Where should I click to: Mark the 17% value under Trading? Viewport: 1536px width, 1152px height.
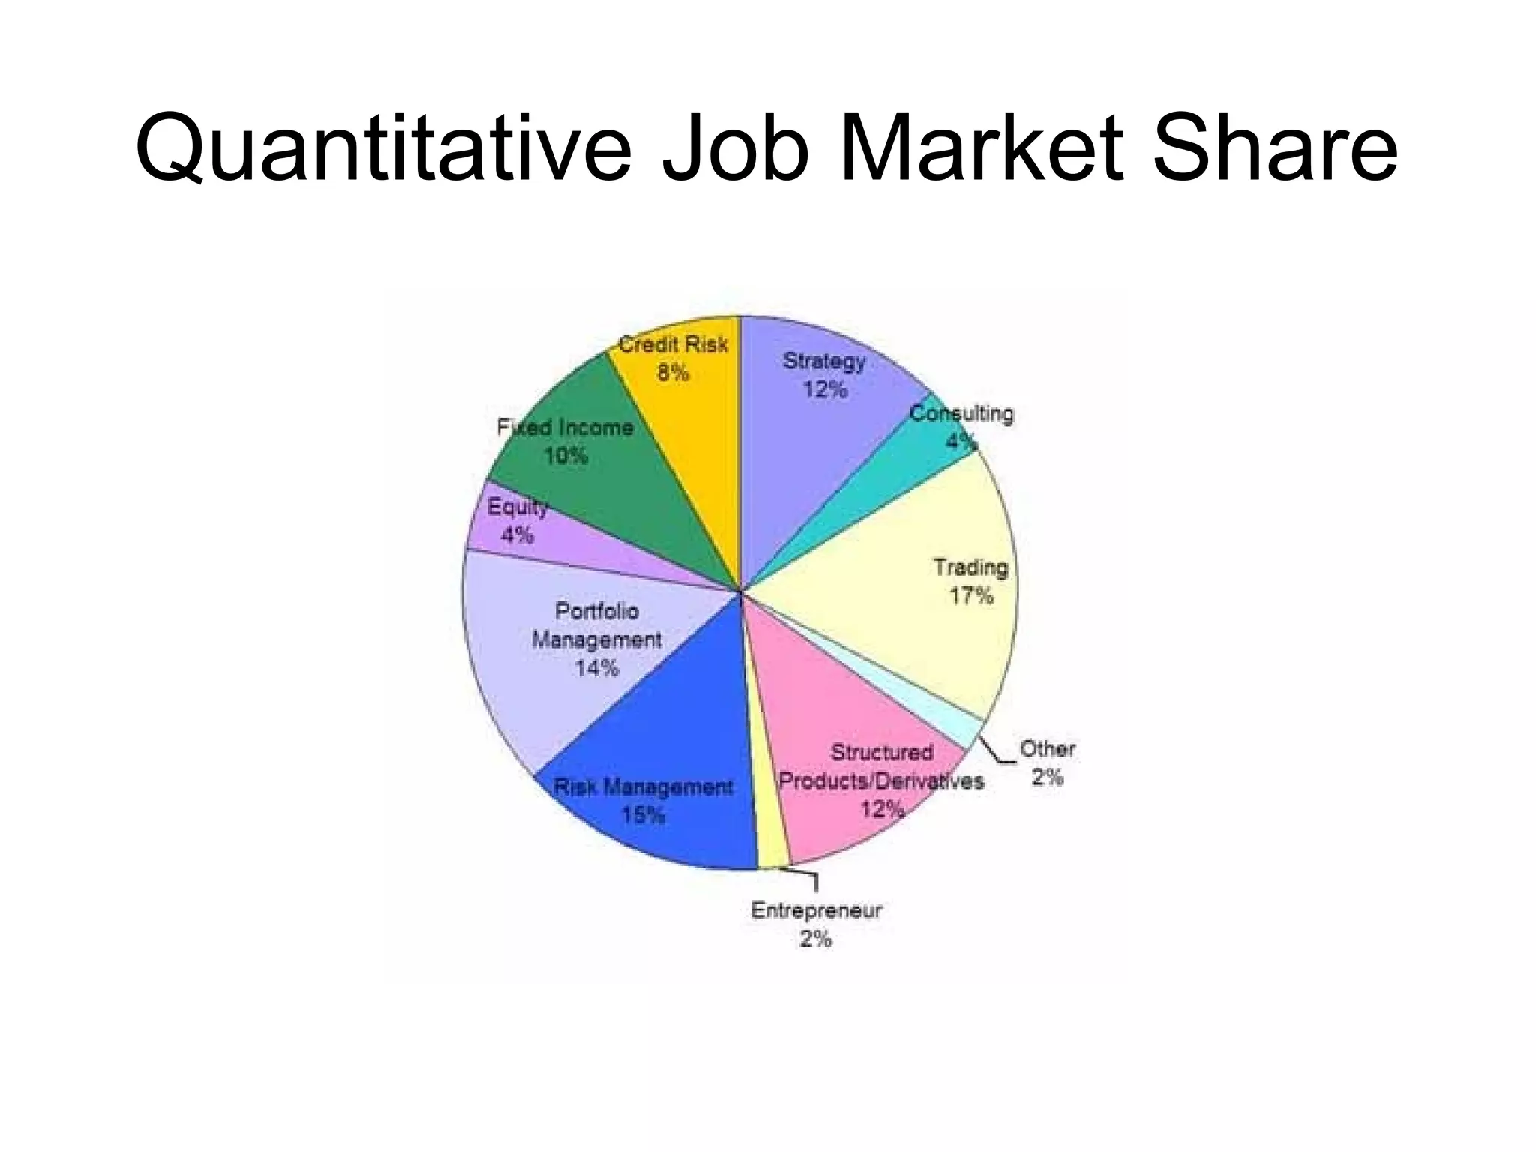(x=971, y=596)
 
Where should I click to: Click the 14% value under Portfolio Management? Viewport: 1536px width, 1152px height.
(x=597, y=667)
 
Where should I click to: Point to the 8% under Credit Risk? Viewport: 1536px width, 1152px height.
(x=673, y=373)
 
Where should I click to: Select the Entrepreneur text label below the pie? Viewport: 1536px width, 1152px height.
(x=816, y=910)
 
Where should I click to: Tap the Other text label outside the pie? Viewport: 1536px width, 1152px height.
(x=1047, y=748)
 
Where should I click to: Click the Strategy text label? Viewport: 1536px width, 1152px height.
(x=824, y=361)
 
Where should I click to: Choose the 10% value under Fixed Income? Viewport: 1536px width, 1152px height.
(x=565, y=456)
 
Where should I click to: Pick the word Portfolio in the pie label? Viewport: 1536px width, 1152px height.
(x=597, y=611)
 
